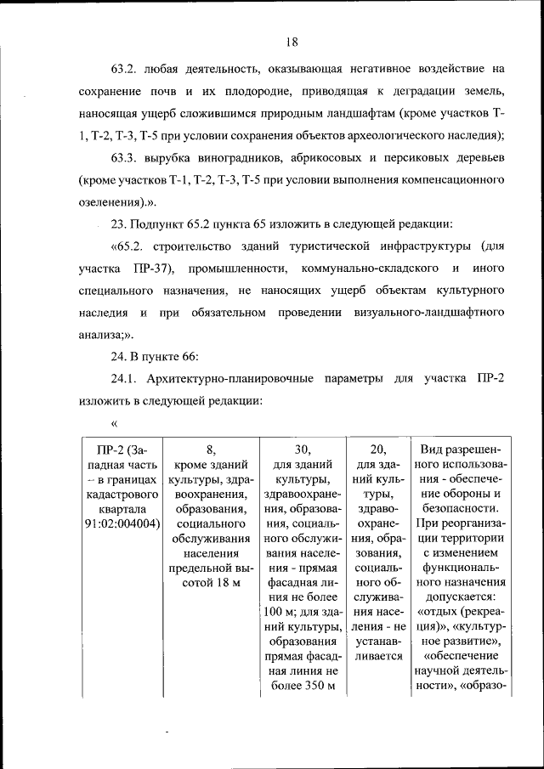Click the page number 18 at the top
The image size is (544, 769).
(291, 42)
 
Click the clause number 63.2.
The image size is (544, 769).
(125, 68)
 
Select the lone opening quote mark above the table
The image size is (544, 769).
(114, 422)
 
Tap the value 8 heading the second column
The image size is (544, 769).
(210, 450)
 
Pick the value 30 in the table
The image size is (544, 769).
(303, 450)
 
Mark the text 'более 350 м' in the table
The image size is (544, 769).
(303, 686)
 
